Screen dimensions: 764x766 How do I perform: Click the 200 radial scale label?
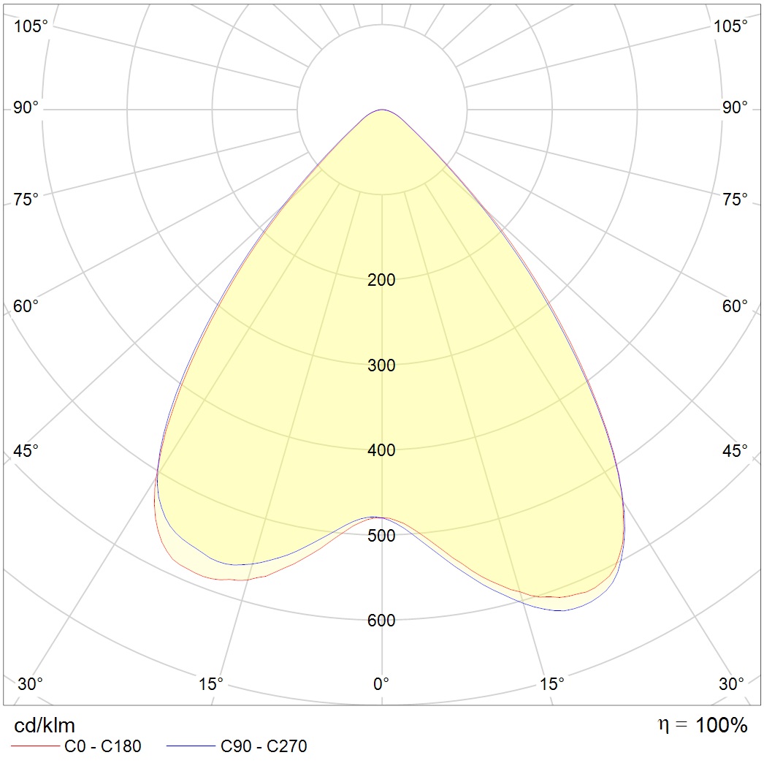pos(381,280)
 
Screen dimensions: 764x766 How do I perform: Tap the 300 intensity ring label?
pos(381,365)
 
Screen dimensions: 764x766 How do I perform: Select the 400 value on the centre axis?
pos(381,450)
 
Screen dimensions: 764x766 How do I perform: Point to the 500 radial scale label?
pos(381,536)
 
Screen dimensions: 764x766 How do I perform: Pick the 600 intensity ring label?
pos(381,621)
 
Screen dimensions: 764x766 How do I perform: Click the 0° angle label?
pos(381,684)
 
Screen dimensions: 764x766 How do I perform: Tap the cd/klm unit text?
pos(45,726)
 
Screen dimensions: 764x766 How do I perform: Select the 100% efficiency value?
pos(721,725)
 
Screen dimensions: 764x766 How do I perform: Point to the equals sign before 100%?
pos(681,726)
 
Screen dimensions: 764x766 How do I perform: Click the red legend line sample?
pos(35,746)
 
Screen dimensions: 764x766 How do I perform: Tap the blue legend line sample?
pos(191,746)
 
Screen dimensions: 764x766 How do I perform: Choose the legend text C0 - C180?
pos(102,746)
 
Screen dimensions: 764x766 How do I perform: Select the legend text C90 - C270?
pos(264,746)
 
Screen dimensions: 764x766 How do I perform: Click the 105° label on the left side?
pos(31,26)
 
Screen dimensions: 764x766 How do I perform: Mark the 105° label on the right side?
pos(730,26)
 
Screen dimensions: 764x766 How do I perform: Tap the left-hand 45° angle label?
pos(26,450)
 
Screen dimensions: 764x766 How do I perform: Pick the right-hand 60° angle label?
pos(735,306)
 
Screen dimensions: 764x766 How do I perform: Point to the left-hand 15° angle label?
pos(210,684)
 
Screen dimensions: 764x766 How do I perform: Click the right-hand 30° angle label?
pos(731,684)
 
